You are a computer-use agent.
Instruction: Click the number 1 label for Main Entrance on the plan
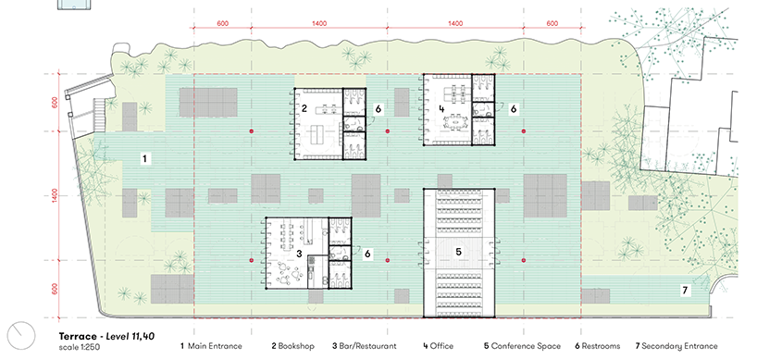144,158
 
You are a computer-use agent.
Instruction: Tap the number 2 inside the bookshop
304,108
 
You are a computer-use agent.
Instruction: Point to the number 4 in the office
441,108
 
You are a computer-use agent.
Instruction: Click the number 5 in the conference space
459,252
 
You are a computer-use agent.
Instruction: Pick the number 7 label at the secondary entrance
685,291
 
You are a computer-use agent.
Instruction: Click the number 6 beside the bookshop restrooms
378,109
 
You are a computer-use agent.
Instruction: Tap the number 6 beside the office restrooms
514,109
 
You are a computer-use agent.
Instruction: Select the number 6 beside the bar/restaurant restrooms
367,254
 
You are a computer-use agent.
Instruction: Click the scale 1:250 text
80,347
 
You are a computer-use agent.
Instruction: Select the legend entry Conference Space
526,346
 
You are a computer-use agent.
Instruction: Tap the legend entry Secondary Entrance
679,346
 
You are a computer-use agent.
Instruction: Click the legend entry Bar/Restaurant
367,346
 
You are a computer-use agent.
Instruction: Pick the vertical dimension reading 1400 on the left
55,195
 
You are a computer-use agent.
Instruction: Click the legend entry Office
441,346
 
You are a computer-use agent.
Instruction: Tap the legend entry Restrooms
601,346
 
